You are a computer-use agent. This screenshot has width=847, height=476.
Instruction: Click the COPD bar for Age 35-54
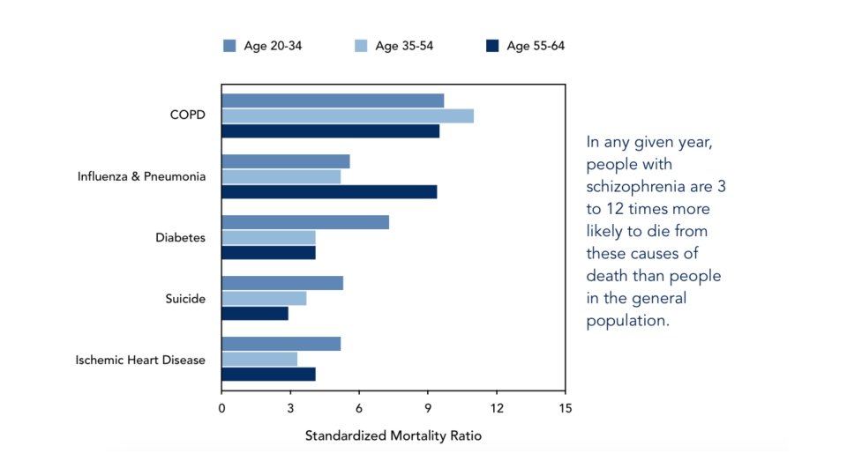click(x=348, y=115)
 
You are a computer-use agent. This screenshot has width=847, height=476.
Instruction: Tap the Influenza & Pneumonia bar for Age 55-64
click(x=329, y=191)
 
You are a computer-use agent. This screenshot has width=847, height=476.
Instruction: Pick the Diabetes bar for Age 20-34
click(x=305, y=222)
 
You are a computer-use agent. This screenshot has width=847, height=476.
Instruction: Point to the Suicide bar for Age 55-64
click(x=255, y=313)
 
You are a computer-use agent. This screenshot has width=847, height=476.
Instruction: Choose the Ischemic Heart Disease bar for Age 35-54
click(x=259, y=359)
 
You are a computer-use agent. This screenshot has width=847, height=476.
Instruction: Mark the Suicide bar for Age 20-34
click(x=282, y=283)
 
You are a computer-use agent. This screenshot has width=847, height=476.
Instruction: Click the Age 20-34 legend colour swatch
click(x=229, y=46)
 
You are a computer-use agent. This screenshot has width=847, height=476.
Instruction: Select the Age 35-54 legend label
click(x=404, y=46)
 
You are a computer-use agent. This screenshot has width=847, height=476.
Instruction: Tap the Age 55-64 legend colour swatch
click(x=491, y=46)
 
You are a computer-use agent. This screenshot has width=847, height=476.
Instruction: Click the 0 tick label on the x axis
click(x=221, y=408)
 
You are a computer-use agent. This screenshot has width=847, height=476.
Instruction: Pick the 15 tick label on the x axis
click(x=565, y=408)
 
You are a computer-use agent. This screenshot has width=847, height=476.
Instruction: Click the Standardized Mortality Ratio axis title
click(x=394, y=435)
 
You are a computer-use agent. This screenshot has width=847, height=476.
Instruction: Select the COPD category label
click(x=188, y=115)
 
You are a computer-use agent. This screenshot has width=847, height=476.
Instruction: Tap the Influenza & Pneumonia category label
click(x=142, y=176)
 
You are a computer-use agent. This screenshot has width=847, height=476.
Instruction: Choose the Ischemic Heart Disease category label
click(x=140, y=360)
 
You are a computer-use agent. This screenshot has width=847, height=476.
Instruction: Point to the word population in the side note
click(x=627, y=321)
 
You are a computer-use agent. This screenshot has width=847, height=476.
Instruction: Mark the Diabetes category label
click(x=180, y=237)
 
